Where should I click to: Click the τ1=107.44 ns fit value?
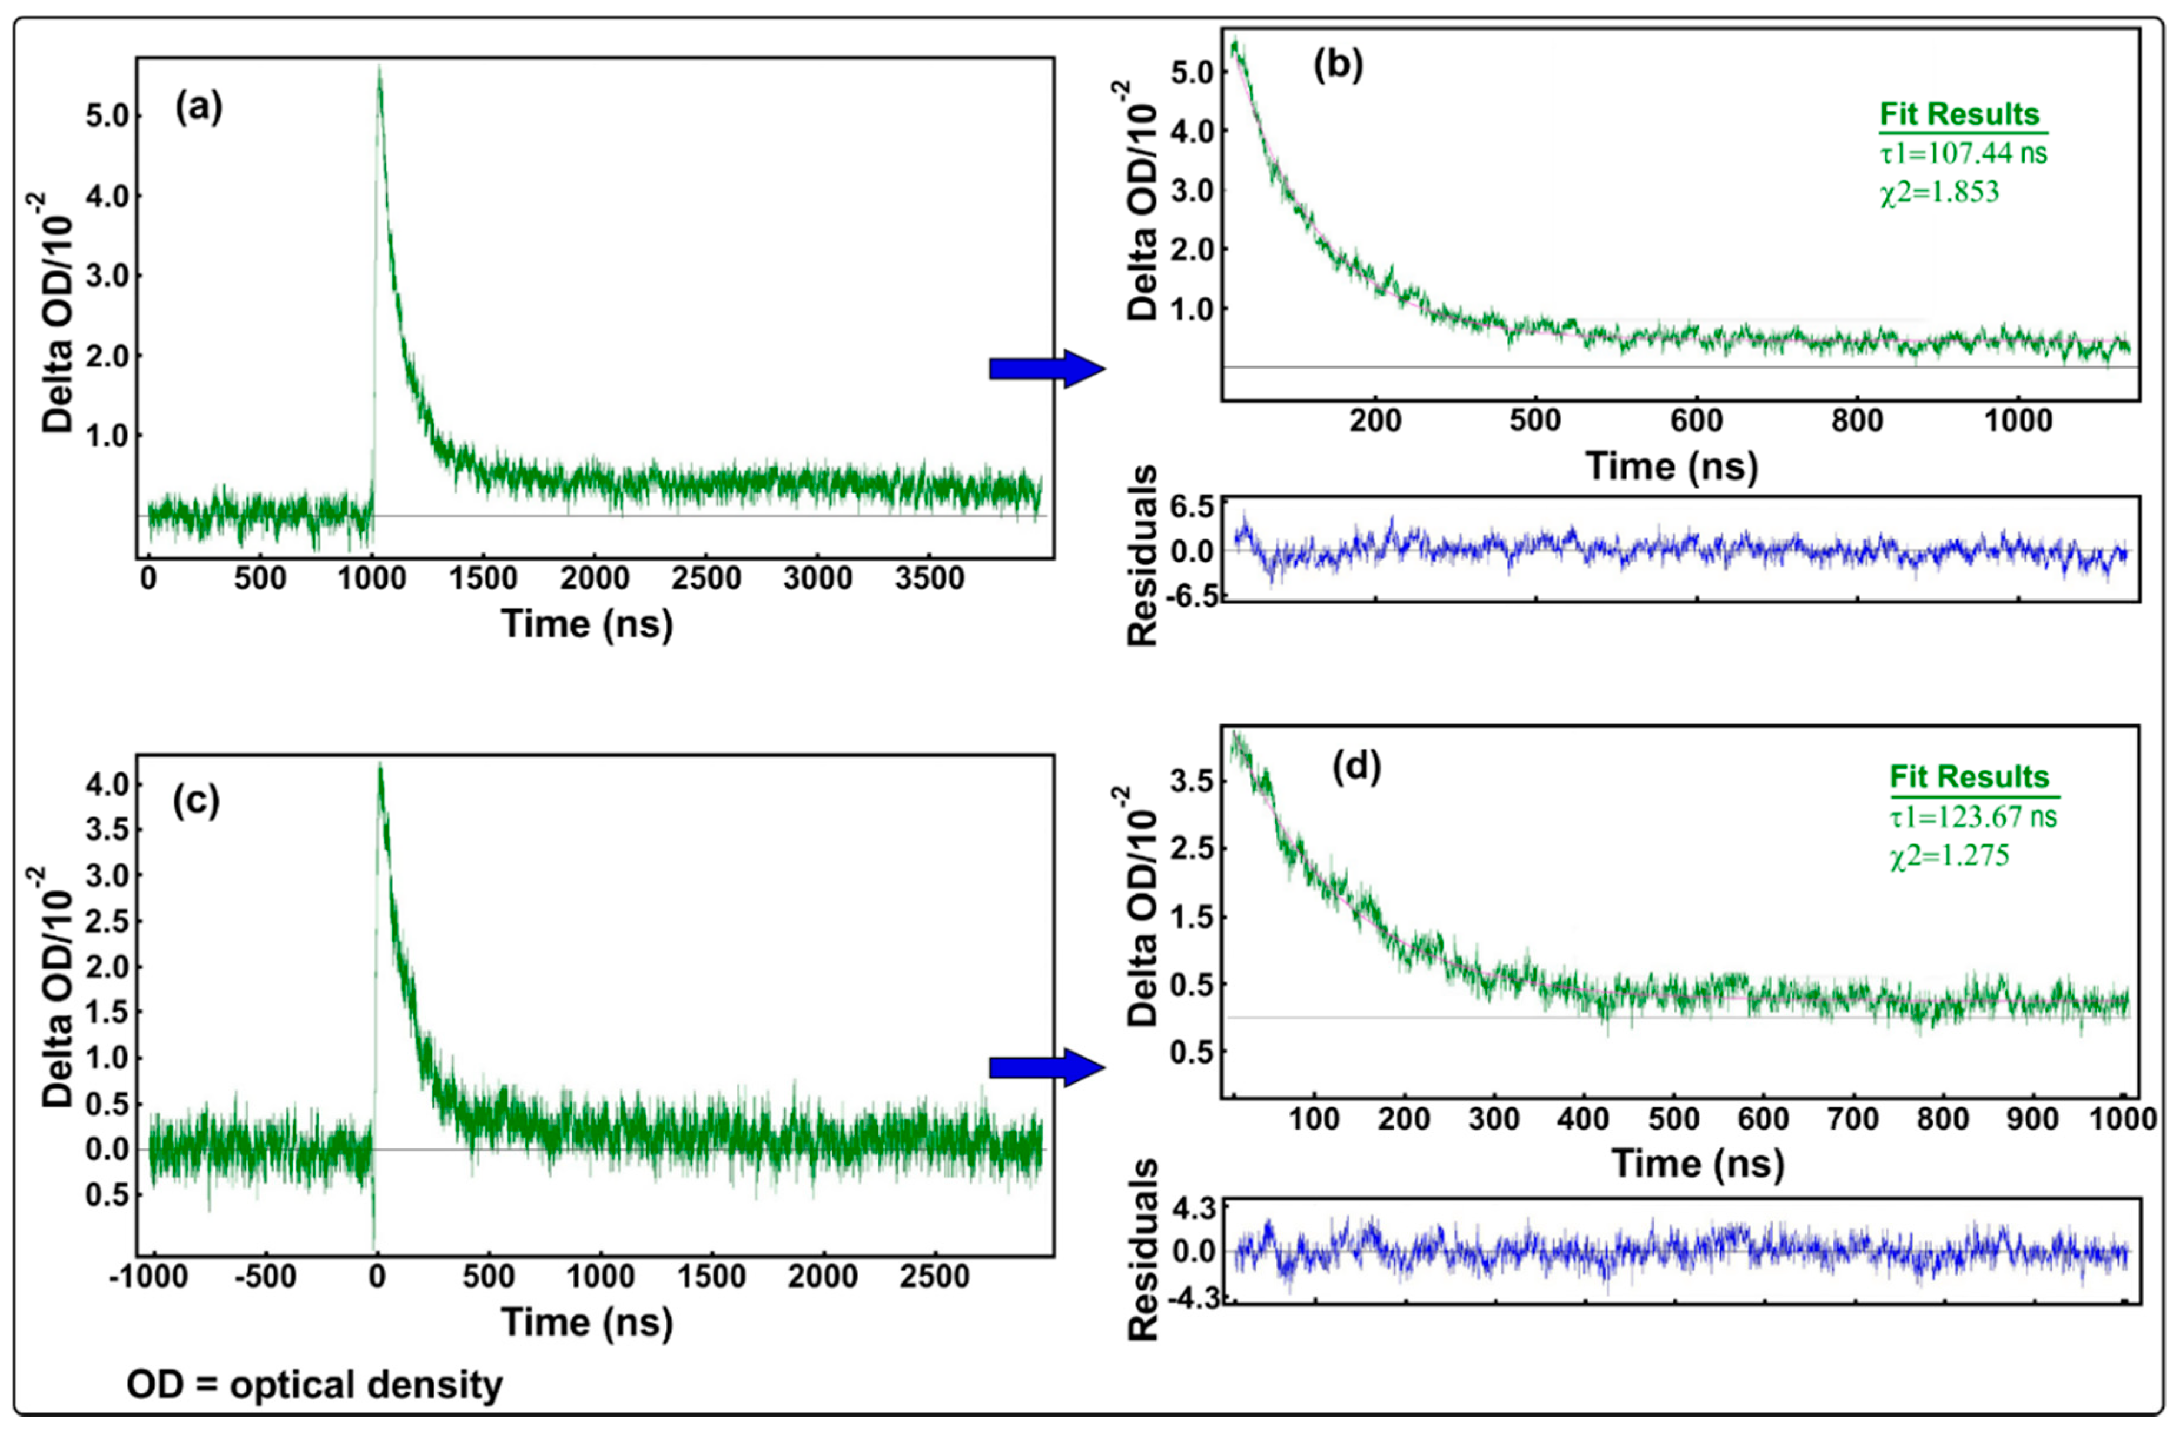pos(1963,153)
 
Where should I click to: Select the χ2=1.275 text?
pos(1949,855)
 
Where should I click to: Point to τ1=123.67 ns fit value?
pos(1973,815)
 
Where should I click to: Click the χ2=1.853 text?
pos(1939,192)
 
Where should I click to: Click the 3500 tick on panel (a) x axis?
pos(929,579)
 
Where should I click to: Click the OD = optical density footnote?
pos(314,1384)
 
